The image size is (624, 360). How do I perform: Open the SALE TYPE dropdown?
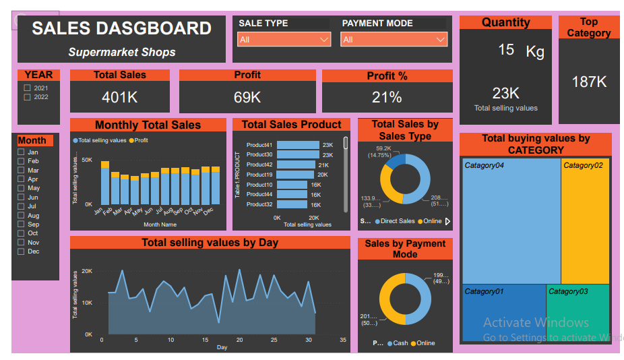coord(284,40)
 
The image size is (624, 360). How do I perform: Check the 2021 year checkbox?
coord(28,88)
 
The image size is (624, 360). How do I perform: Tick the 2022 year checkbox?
coord(28,97)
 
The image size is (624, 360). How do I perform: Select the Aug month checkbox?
coord(22,216)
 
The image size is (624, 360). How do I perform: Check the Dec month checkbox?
coord(22,251)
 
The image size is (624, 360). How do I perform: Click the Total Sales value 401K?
coord(119,97)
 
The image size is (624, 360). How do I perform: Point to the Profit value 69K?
coord(247,97)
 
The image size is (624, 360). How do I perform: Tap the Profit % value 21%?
coord(387,97)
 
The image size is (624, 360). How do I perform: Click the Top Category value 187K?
coord(588,82)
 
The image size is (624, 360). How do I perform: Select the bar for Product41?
coord(297,145)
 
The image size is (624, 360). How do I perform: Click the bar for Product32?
coord(291,204)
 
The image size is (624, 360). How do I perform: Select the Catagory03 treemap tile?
coord(578,313)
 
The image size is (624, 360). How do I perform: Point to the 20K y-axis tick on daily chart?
coord(87,271)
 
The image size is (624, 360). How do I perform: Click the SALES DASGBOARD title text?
coord(121,28)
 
